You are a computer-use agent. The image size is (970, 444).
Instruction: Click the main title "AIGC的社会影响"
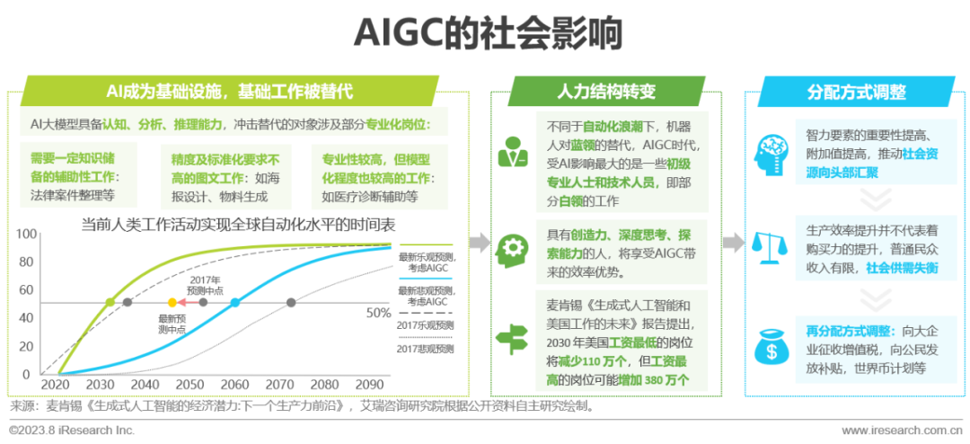[x=486, y=33]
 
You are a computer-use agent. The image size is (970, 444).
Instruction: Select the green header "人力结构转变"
[x=606, y=92]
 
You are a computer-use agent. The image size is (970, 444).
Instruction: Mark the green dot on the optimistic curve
[x=110, y=303]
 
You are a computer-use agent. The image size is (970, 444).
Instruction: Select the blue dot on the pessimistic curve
[x=235, y=303]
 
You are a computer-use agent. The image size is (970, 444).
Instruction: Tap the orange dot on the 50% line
[x=172, y=303]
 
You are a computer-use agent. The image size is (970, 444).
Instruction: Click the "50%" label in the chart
[x=377, y=313]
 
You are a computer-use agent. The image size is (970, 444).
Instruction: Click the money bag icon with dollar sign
[x=771, y=345]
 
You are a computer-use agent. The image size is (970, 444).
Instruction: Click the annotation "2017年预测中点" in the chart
[x=205, y=285]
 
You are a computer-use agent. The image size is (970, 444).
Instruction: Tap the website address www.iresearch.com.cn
[x=901, y=430]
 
